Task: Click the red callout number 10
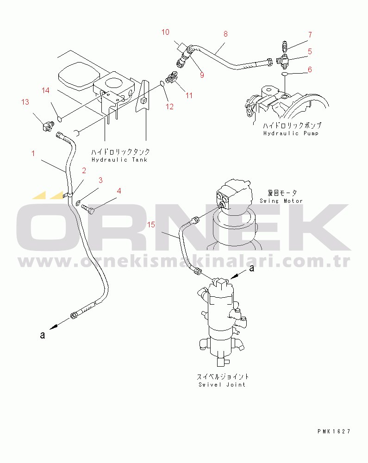tap(165, 32)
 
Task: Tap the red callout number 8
tap(225, 34)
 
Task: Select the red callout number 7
tap(310, 35)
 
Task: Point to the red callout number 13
tap(25, 102)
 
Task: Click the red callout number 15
tap(151, 225)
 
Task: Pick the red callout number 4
tap(119, 191)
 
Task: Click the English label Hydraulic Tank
tap(119, 160)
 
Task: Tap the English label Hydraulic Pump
tap(291, 133)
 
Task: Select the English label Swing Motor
tap(281, 201)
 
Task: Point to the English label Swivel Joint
tap(222, 384)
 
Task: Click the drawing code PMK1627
tap(334, 432)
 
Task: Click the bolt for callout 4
tap(87, 209)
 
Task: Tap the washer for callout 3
tap(79, 203)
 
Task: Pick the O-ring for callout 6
tap(284, 74)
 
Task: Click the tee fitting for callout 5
tap(283, 60)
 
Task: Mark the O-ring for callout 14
tap(59, 119)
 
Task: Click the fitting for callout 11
tap(171, 78)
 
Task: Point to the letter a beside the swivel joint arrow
tap(251, 268)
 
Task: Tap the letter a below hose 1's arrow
tap(43, 335)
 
